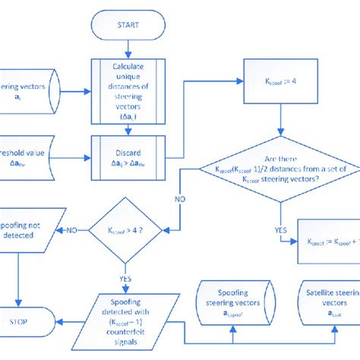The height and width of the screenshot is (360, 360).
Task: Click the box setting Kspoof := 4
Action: (282, 80)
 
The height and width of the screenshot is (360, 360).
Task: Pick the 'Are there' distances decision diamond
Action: (281, 168)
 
